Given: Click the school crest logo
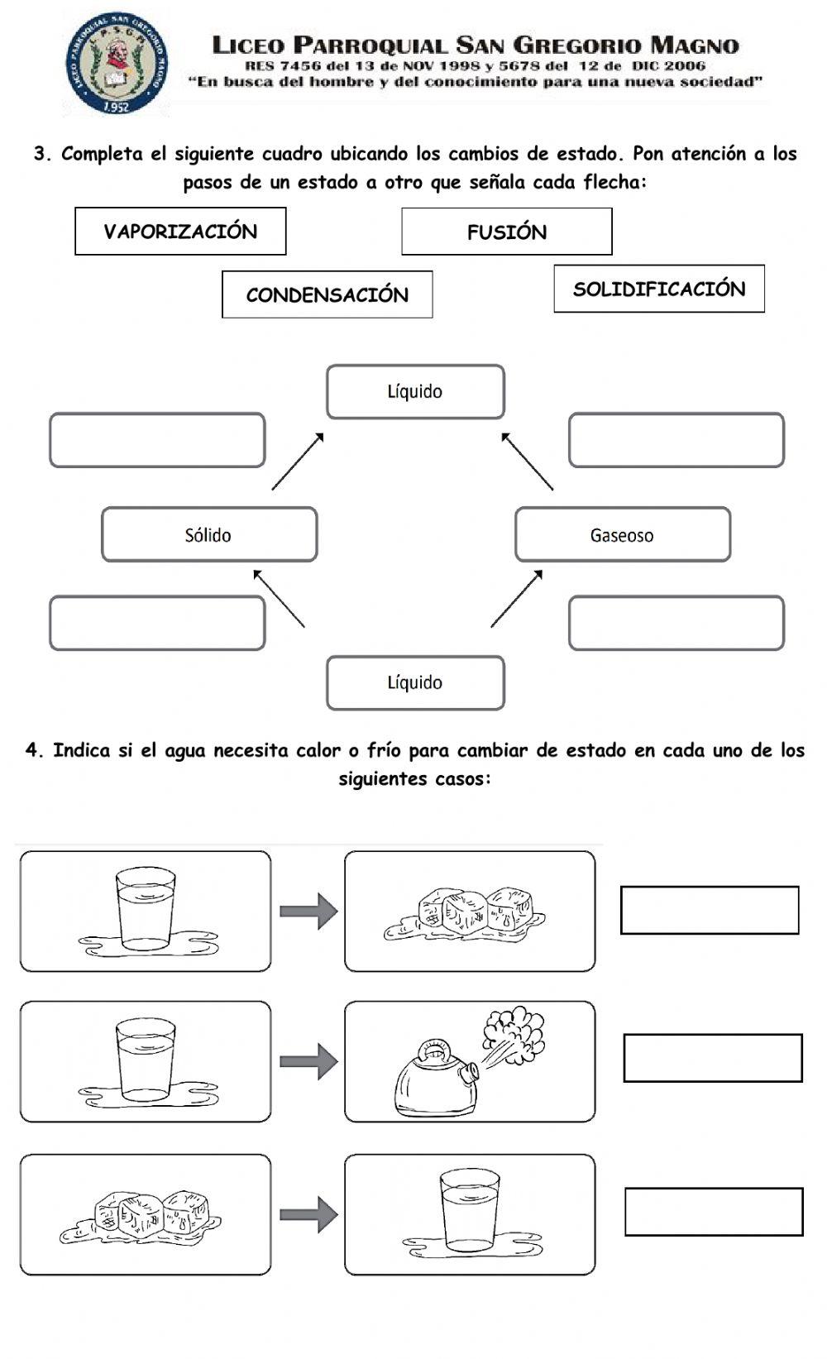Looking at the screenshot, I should click(117, 63).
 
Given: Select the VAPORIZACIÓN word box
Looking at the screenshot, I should click(180, 232).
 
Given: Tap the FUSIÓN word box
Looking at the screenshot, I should click(506, 232).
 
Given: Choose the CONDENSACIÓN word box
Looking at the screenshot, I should click(327, 294).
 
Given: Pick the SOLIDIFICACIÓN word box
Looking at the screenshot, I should click(659, 289).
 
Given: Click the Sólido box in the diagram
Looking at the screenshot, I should click(209, 534).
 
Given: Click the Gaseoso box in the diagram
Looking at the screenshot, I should click(622, 534).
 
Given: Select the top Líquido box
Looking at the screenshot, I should click(415, 391).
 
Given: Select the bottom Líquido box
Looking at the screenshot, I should click(415, 682).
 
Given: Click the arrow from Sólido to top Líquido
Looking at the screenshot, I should click(297, 462).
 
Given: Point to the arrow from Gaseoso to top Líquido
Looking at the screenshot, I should click(528, 462).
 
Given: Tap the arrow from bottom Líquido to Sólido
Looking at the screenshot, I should click(280, 598).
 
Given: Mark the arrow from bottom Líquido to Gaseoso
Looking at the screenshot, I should click(517, 598).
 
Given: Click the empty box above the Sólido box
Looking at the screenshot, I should click(157, 440).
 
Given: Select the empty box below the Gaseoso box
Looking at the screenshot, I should click(676, 623).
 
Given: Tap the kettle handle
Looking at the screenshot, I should click(432, 1050).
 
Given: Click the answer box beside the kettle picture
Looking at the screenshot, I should click(712, 1058).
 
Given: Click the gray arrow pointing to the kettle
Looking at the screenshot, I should click(308, 1061).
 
